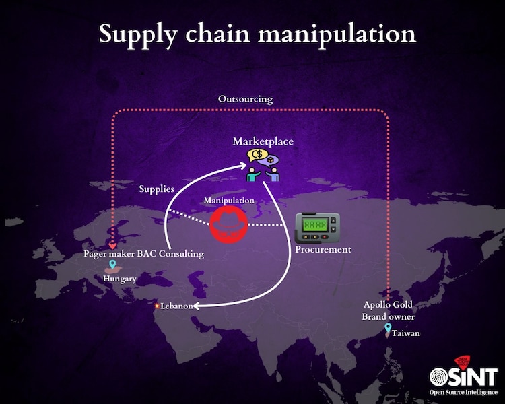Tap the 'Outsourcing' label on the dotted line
point(245,99)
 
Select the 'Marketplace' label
point(263,141)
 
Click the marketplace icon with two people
point(263,166)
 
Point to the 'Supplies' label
point(156,189)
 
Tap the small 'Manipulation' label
point(230,201)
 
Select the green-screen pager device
point(317,228)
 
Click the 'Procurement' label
point(323,250)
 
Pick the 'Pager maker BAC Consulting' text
point(144,254)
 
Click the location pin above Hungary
point(112,266)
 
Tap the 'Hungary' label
point(120,278)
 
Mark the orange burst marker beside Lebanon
point(158,306)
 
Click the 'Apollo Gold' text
point(388,304)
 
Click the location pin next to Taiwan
point(388,329)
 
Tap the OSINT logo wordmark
point(463,375)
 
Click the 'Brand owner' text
point(388,316)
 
